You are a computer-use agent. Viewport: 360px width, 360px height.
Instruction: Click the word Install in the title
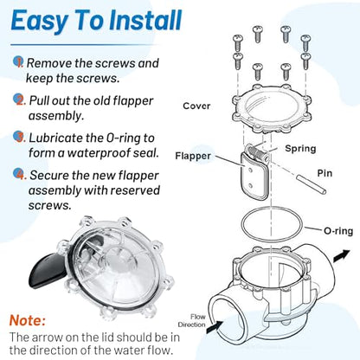[145, 20]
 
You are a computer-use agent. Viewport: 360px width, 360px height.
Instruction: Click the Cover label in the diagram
[196, 106]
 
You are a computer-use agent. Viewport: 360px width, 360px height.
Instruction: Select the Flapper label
[193, 156]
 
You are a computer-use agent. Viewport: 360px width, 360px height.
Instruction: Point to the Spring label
[300, 149]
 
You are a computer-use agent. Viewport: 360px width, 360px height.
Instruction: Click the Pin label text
[325, 173]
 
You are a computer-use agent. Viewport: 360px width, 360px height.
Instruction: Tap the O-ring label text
[338, 231]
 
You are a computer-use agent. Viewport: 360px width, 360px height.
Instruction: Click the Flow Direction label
[192, 321]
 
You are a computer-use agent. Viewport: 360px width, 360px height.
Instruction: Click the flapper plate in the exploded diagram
[254, 177]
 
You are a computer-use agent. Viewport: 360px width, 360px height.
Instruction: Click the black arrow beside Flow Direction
[215, 327]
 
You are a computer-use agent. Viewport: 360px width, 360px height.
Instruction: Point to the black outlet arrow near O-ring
[341, 256]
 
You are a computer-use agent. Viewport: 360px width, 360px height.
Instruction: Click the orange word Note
[28, 320]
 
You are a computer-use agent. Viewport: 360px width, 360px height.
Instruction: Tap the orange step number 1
[20, 62]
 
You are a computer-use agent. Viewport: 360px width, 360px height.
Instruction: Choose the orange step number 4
[21, 175]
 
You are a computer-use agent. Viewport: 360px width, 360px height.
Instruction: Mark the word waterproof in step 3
[99, 153]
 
